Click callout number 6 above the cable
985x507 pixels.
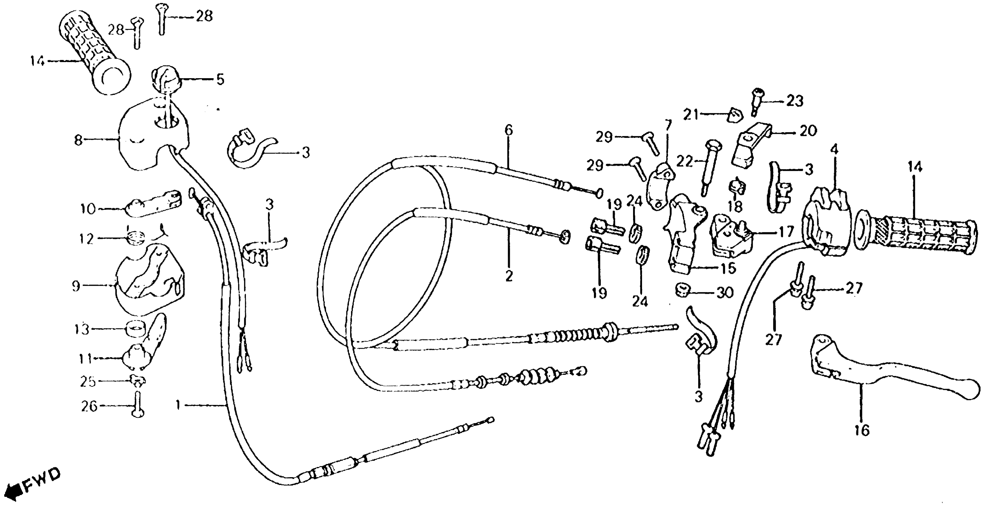pyautogui.click(x=508, y=130)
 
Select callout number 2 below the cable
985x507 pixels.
pyautogui.click(x=509, y=276)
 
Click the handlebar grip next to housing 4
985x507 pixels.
pyautogui.click(x=918, y=235)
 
